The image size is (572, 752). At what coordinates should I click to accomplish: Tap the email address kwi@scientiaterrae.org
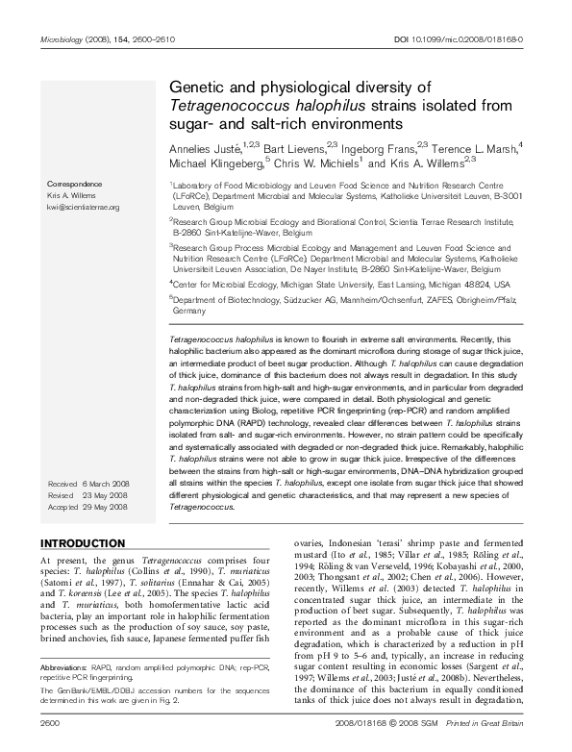click(83, 207)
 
